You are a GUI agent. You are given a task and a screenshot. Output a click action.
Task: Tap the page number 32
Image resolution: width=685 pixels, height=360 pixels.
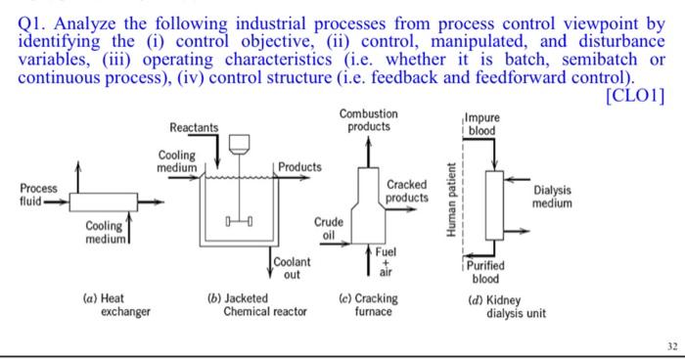[x=667, y=345]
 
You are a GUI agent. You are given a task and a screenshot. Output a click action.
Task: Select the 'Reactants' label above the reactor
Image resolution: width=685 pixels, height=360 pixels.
[x=194, y=128]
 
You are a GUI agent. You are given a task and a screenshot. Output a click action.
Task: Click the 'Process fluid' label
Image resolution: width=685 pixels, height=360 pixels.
[x=38, y=194]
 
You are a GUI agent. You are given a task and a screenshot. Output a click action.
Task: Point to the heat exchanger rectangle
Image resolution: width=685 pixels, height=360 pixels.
[x=103, y=203]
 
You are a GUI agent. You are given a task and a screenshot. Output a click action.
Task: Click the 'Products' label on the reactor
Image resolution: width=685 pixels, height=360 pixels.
[x=299, y=167]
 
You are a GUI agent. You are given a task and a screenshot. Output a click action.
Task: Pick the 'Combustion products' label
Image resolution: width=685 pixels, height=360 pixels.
[x=368, y=120]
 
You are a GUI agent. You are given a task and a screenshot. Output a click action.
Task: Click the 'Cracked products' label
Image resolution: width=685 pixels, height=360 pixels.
[x=407, y=192]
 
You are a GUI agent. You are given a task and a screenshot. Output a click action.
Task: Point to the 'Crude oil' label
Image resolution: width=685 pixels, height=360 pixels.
[x=329, y=228]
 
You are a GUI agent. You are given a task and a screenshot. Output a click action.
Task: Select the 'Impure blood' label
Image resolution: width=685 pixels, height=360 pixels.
[x=481, y=124]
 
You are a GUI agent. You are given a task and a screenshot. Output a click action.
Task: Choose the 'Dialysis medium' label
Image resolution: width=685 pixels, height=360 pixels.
[x=553, y=198]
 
